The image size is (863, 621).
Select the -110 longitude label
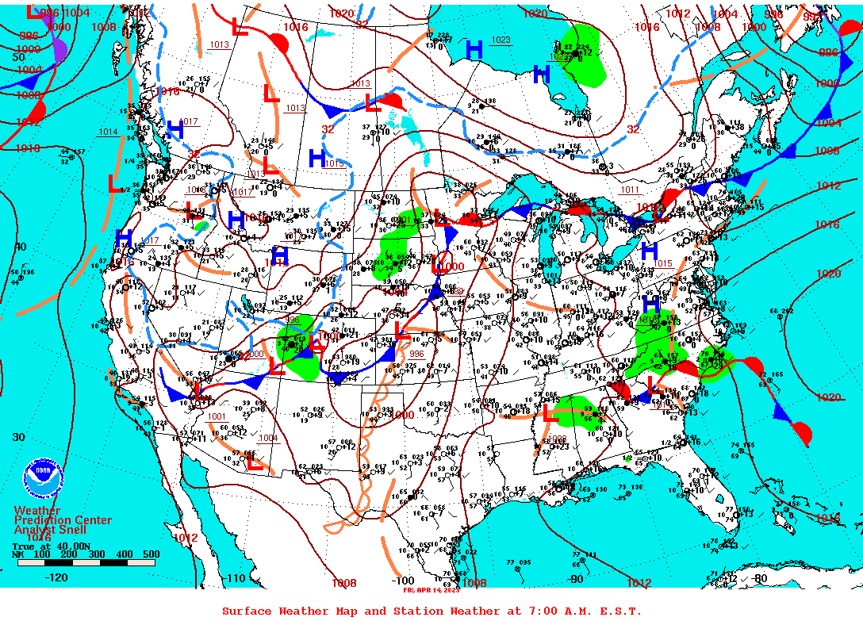(x=236, y=578)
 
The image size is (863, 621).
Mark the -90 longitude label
(x=576, y=578)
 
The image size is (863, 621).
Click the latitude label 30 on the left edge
(x=18, y=437)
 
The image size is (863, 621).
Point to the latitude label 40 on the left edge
(x=19, y=247)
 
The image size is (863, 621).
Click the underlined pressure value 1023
(x=501, y=40)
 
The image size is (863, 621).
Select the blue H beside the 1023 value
(x=474, y=50)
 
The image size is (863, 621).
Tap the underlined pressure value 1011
(x=630, y=190)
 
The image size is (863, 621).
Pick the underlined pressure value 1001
(x=217, y=416)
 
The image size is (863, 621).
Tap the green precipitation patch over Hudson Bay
(x=584, y=52)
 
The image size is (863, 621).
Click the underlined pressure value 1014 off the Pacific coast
(x=108, y=132)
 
